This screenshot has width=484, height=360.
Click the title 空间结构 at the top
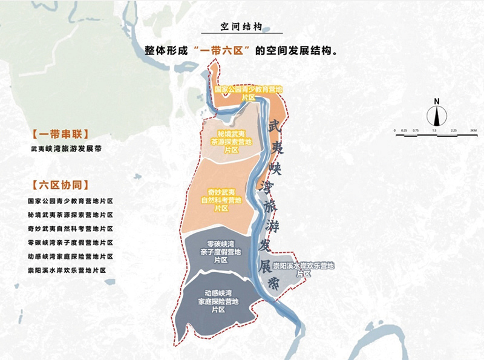241,28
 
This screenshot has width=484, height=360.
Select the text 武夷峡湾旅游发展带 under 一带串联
65,148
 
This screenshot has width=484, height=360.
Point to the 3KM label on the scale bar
474,130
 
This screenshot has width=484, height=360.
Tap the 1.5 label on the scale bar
434,130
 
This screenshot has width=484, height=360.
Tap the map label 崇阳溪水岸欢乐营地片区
302,269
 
